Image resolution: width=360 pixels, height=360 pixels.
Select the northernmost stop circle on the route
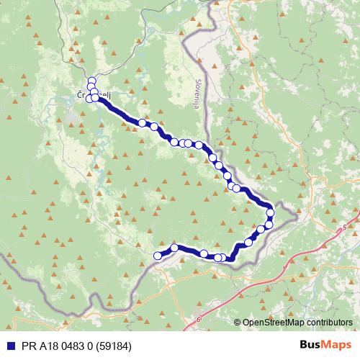pos(91,80)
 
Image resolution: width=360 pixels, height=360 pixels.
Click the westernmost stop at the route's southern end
pos(158,255)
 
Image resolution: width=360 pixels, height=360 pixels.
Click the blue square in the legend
pos(8,344)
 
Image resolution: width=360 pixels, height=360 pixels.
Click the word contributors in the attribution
pos(331,323)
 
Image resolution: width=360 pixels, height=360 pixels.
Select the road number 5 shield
pos(344,227)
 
